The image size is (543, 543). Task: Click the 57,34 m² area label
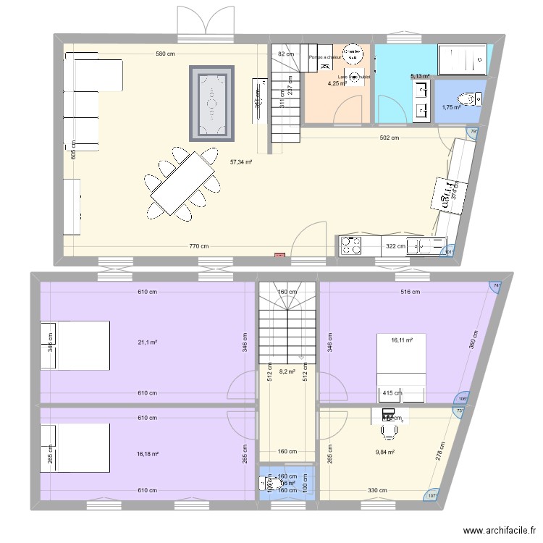[240, 163]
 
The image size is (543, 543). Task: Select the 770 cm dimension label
[198, 246]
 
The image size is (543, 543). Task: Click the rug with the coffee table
[212, 103]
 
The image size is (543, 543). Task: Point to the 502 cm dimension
[390, 138]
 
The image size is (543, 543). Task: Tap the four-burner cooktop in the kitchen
[352, 246]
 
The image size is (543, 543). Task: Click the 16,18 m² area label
[147, 454]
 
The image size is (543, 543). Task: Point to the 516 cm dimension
[409, 292]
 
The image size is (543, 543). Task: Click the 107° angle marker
[432, 495]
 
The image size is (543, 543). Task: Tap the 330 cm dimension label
[376, 491]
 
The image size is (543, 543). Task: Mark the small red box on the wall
[279, 254]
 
